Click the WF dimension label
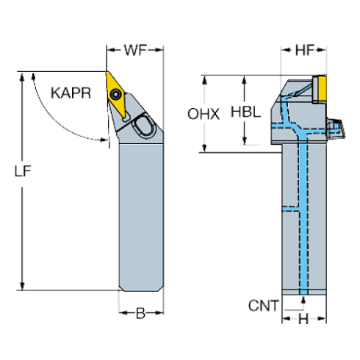pyautogui.click(x=135, y=51)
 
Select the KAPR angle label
pyautogui.click(x=71, y=93)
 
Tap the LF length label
pyautogui.click(x=23, y=170)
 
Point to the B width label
pyautogui.click(x=140, y=313)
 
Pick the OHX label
pyautogui.click(x=204, y=115)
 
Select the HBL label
pyautogui.click(x=245, y=112)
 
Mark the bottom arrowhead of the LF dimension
pyautogui.click(x=22, y=284)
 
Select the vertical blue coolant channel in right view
pyautogui.click(x=304, y=220)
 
